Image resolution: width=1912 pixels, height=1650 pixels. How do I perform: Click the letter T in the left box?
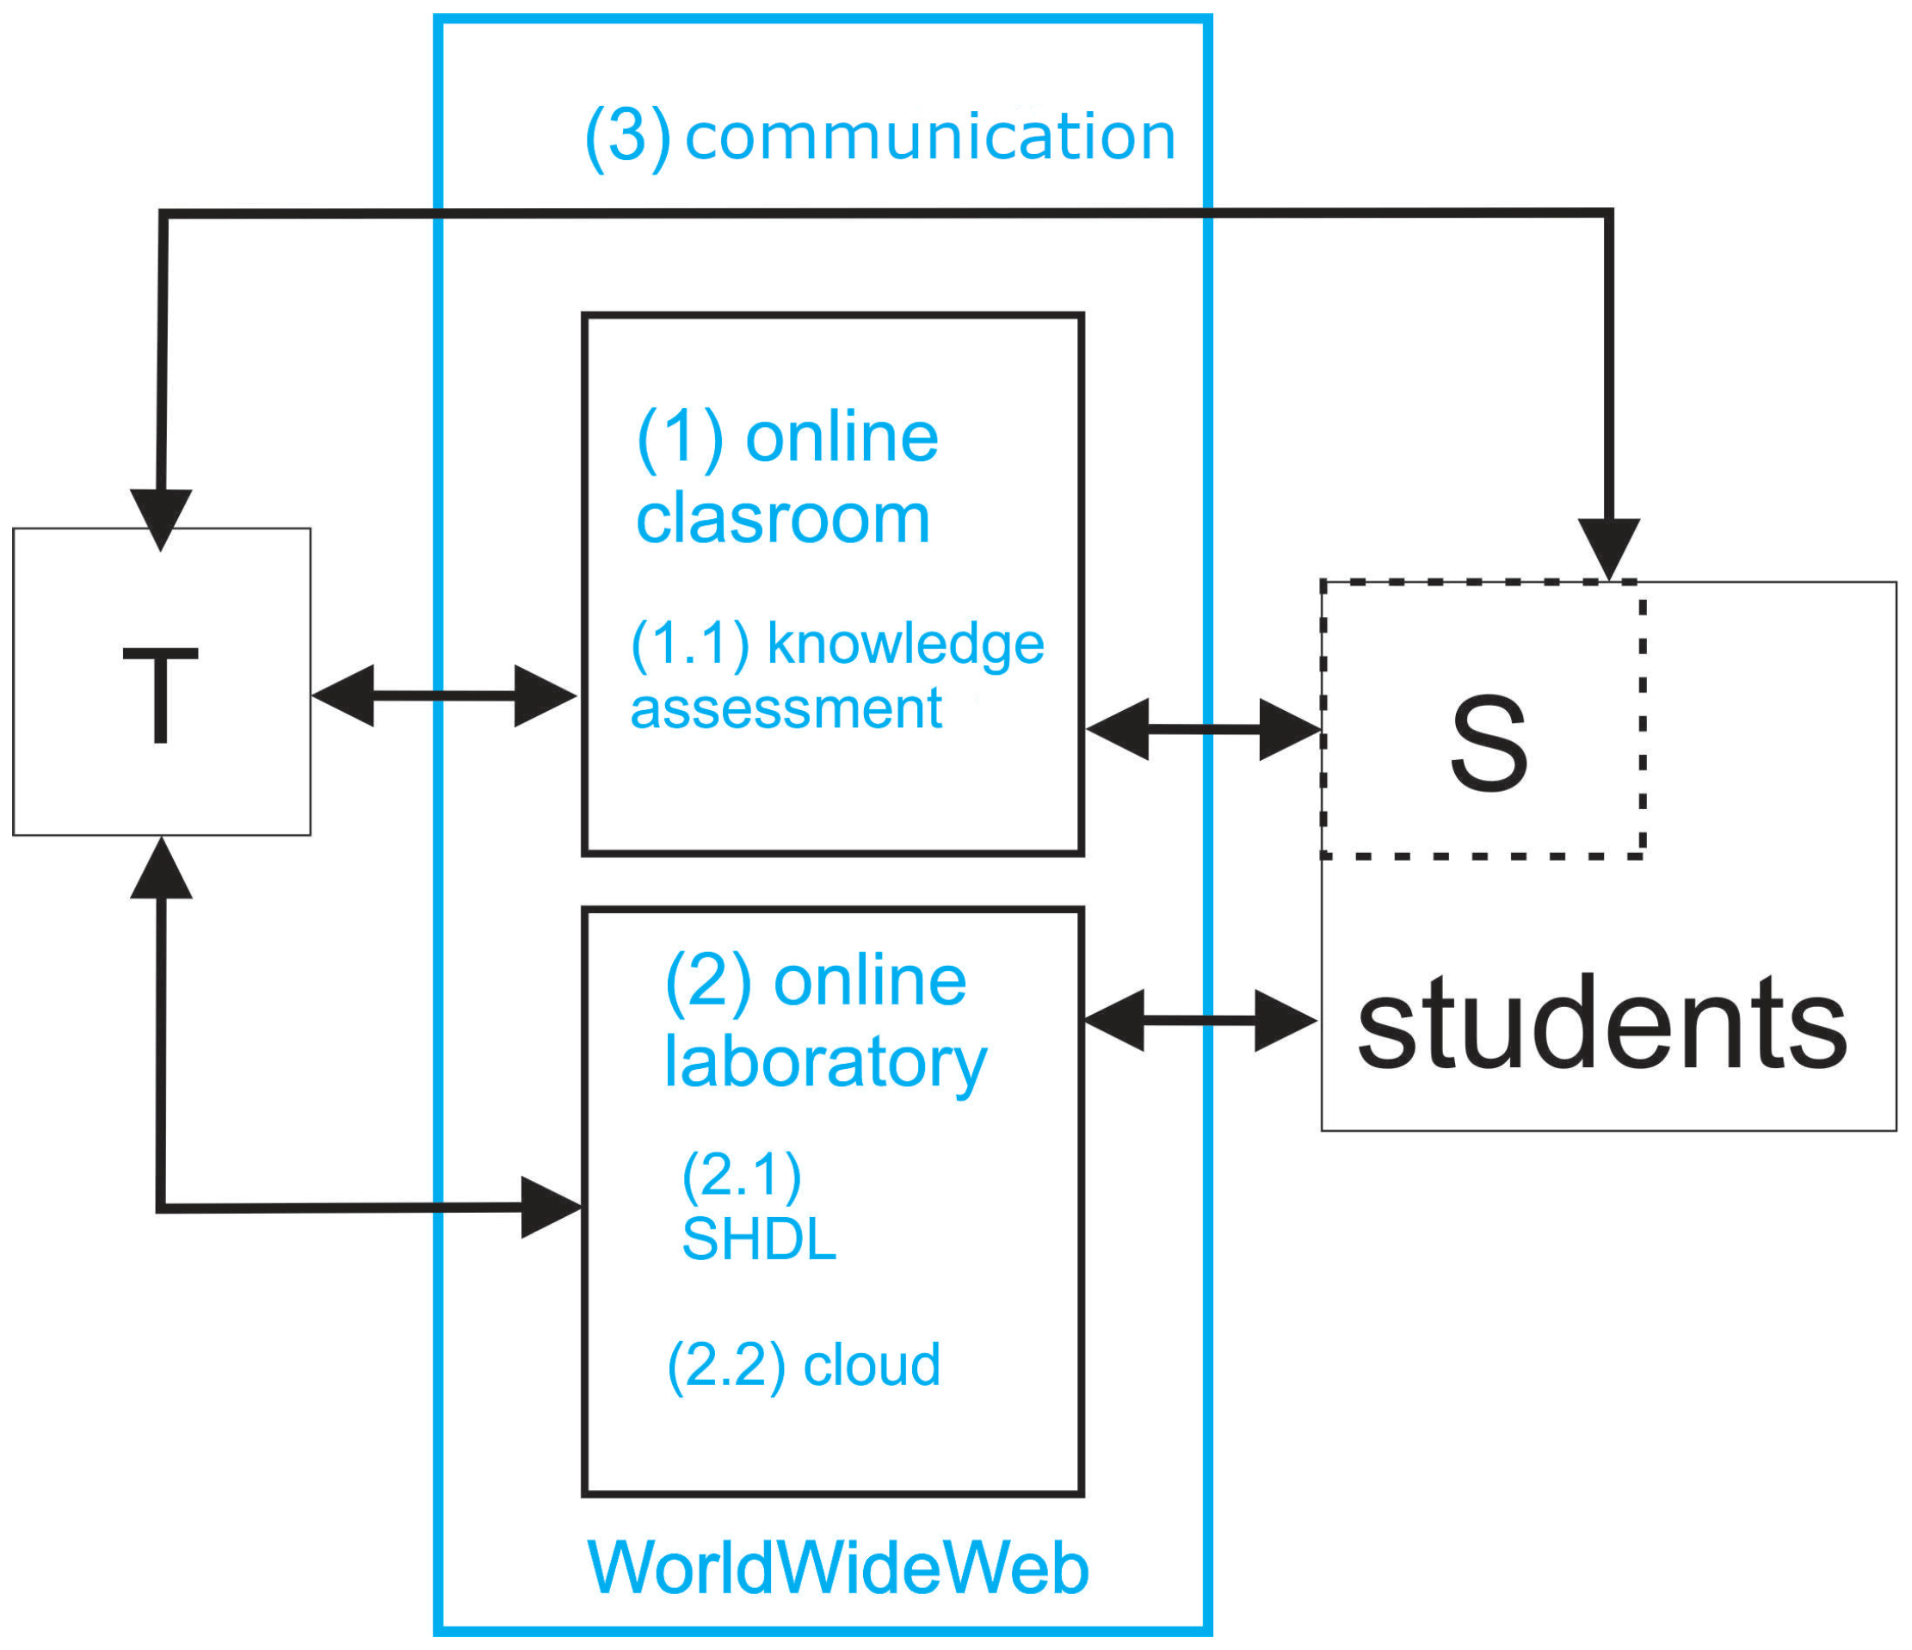(x=161, y=695)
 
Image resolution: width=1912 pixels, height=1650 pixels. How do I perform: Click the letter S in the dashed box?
(x=1489, y=744)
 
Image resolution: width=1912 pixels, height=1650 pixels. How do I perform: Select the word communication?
(x=930, y=137)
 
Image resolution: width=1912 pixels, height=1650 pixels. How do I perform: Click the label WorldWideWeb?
(x=838, y=1568)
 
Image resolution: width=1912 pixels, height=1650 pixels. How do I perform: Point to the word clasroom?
(x=782, y=519)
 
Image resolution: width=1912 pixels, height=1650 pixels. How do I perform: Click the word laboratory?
(x=825, y=1063)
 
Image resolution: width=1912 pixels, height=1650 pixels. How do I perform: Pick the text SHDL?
(x=759, y=1239)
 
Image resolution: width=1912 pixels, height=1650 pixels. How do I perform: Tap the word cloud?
(x=871, y=1365)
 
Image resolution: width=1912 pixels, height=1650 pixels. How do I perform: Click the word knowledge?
(x=905, y=644)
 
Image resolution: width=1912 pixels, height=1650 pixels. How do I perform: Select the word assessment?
(x=786, y=708)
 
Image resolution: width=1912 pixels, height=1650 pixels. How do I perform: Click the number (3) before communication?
(x=627, y=137)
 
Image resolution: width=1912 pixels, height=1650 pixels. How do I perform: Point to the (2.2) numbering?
(x=726, y=1365)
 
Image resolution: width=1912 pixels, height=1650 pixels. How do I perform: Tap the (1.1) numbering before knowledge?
(x=690, y=643)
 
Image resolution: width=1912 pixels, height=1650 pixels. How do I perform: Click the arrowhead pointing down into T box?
(x=161, y=516)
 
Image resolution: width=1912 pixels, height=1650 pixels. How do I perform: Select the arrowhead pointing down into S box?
(x=1608, y=547)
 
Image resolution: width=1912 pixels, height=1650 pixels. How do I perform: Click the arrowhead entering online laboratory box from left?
(x=550, y=1206)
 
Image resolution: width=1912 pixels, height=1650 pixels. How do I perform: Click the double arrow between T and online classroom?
(x=444, y=695)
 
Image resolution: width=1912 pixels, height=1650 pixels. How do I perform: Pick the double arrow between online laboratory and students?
(x=1200, y=1020)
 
